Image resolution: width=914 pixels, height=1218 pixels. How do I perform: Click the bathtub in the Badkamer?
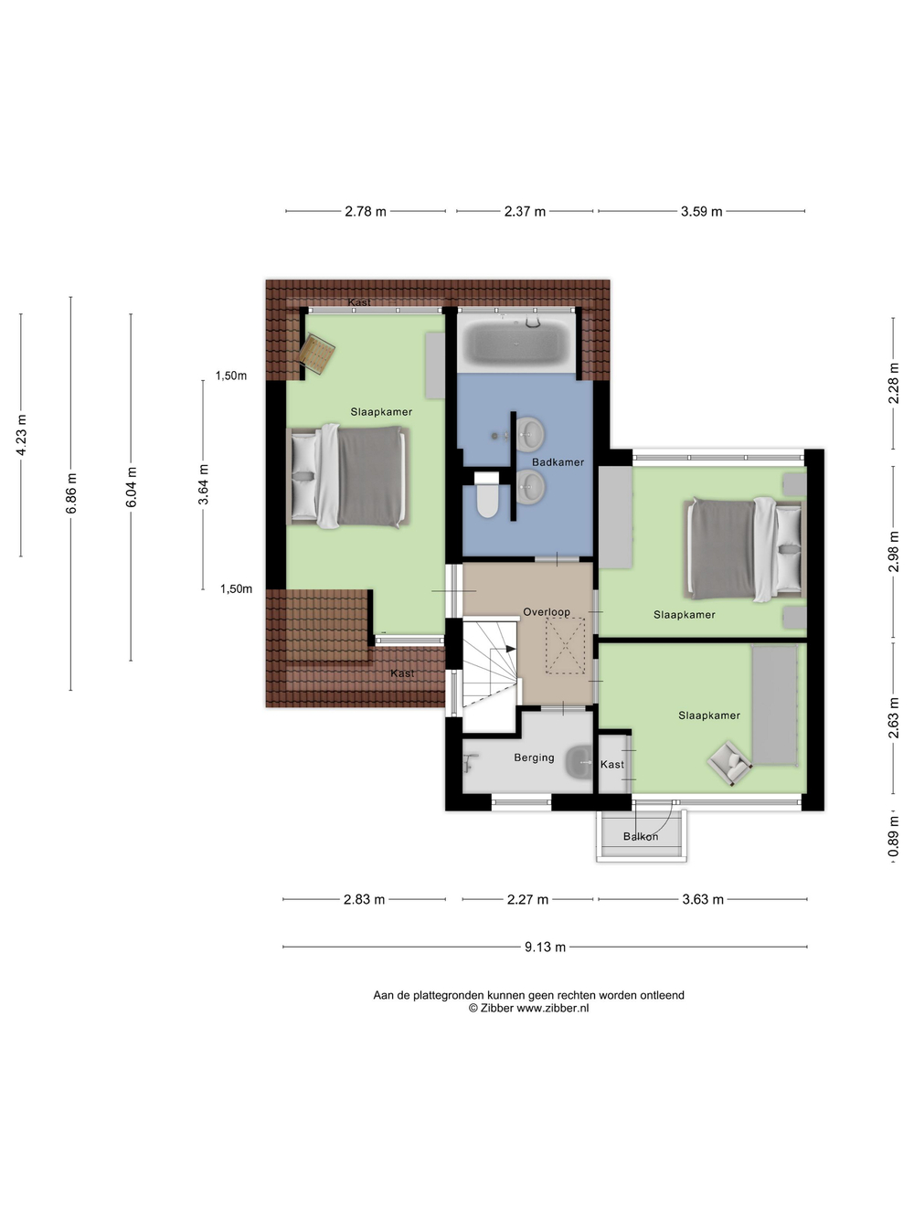coord(515,343)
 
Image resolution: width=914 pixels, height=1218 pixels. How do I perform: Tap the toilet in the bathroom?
coord(487,494)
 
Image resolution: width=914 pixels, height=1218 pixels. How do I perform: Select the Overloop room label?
coord(547,611)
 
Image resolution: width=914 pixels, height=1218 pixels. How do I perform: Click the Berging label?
coord(534,757)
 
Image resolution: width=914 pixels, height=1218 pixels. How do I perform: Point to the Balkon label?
coord(641,836)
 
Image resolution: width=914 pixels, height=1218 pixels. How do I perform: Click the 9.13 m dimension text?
coord(545,948)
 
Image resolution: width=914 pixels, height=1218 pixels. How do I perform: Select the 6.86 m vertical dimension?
coord(71,493)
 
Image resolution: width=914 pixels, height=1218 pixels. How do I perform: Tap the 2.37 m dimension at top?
coord(525,211)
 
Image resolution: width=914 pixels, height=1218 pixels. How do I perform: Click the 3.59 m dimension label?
coord(701,211)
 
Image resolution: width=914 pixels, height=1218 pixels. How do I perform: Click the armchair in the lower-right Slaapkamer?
coord(729,764)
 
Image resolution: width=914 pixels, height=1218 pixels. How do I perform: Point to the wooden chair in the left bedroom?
coord(317,354)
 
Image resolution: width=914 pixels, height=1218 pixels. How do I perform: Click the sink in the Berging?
coord(579,762)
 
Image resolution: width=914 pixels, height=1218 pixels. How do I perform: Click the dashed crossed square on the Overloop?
coord(565,646)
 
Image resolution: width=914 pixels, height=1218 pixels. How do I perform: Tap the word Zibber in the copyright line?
coord(496,1008)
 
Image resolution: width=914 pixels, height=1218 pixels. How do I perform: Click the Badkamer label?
coord(558,462)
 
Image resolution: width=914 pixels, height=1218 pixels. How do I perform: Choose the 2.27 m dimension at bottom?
coord(527,899)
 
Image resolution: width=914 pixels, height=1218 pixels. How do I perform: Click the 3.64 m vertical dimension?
coord(204,484)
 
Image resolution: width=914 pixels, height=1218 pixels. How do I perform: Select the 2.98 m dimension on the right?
coord(894,552)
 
